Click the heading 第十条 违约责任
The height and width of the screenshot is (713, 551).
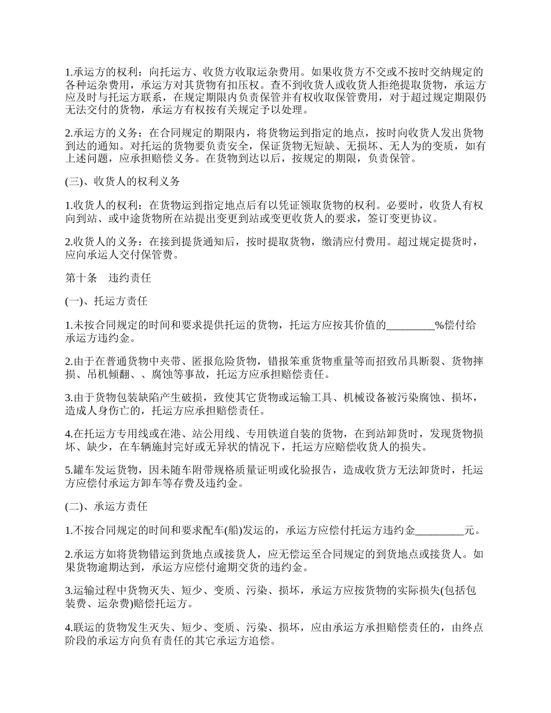pyautogui.click(x=108, y=278)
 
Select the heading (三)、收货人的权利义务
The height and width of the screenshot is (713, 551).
pyautogui.click(x=122, y=181)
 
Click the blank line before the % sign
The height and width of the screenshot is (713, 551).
pyautogui.click(x=411, y=325)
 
